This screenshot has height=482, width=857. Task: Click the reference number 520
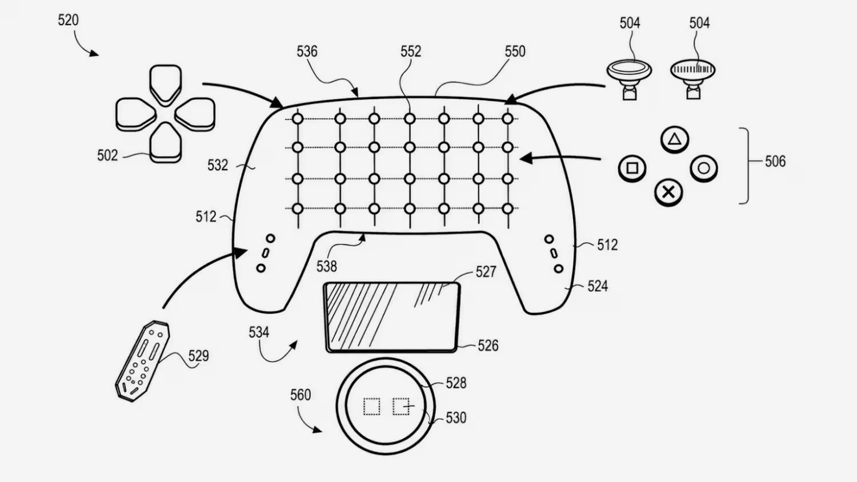68,20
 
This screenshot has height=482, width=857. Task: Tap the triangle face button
674,139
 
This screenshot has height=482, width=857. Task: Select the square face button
632,168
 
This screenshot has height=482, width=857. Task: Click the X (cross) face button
668,192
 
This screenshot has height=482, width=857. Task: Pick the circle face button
704,168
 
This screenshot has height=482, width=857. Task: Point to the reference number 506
775,162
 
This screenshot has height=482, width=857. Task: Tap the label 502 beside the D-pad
107,156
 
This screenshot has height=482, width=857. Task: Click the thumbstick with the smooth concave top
629,79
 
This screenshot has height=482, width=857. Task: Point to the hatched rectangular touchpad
392,317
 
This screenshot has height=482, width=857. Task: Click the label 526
488,346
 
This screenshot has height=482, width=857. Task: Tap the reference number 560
301,395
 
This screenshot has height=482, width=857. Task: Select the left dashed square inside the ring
371,407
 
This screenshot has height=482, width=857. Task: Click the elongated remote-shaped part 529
142,361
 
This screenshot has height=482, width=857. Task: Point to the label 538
327,267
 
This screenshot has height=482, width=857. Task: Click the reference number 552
411,51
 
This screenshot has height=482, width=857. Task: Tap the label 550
515,51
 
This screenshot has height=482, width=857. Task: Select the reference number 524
598,286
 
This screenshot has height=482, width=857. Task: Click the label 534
259,332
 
